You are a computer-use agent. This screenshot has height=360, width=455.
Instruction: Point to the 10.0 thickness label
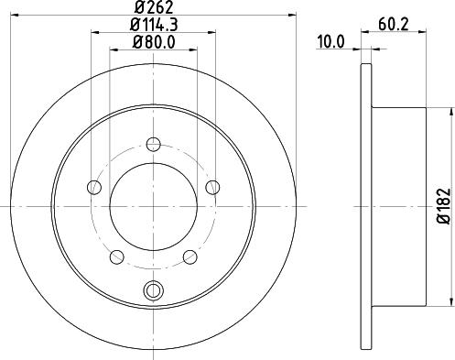tap(330, 41)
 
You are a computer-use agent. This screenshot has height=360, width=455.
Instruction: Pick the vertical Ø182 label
tap(440, 206)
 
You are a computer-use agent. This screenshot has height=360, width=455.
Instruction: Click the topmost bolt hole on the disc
tap(153, 143)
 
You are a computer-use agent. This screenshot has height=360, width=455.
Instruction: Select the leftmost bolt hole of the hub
tap(93, 188)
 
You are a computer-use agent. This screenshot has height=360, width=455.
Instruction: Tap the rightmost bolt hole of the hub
tap(212, 188)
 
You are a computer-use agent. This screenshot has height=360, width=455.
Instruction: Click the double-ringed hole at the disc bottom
tap(153, 291)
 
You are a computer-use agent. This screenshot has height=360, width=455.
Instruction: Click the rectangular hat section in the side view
tap(400, 206)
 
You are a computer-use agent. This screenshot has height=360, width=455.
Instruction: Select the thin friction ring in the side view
tap(366, 206)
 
